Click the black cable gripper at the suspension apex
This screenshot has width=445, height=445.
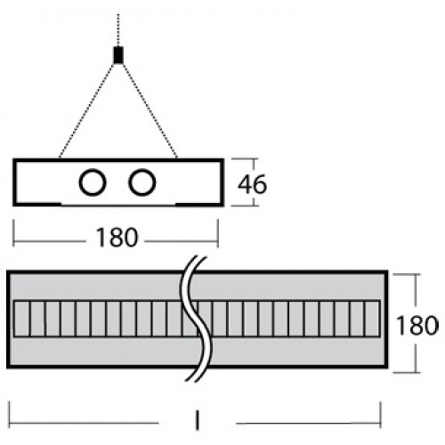coord(118,55)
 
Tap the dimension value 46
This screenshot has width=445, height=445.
coord(252,184)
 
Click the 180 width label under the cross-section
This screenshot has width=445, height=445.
coord(117,238)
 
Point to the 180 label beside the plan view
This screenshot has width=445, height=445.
coord(417,325)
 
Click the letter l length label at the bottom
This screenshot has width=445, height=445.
coord(198,420)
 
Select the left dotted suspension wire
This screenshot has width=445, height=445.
coord(86,110)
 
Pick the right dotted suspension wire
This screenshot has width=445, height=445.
coord(150,110)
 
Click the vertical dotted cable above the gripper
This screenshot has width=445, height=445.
coord(118,30)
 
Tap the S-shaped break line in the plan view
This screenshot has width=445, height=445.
coord(197,319)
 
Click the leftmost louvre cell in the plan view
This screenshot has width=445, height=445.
coord(21,319)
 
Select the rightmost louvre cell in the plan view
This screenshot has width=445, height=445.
coord(372,319)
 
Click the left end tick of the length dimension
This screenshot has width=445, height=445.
coord(10,415)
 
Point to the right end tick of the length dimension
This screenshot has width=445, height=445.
coord(381,415)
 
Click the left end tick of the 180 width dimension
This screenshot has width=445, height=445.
coord(13,233)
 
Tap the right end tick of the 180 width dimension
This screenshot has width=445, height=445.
coord(218,233)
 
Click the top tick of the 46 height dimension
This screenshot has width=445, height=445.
coord(244,159)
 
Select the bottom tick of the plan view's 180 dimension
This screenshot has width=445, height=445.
coord(407,372)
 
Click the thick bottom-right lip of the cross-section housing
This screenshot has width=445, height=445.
coord(199,204)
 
